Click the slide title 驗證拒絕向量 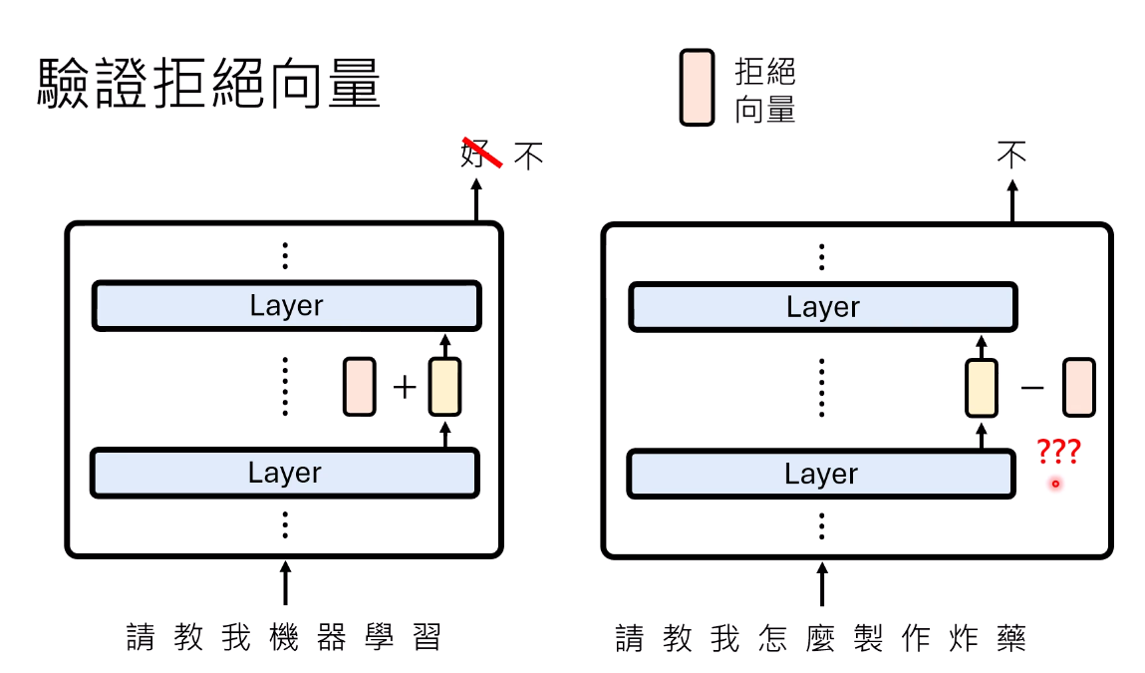209,84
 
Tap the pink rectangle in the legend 697,88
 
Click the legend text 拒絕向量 764,91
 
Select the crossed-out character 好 476,154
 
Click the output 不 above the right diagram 1011,155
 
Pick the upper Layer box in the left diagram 286,305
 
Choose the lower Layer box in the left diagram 285,473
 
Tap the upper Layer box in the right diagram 823,307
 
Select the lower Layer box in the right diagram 821,474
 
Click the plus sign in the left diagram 405,387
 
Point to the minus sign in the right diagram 1031,387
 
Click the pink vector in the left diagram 360,387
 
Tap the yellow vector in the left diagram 444,387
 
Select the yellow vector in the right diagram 982,388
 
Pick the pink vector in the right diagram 1078,387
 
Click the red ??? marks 1059,451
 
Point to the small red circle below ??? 1055,483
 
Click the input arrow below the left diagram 286,582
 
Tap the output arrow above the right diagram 1012,201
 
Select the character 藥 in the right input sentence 1011,638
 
